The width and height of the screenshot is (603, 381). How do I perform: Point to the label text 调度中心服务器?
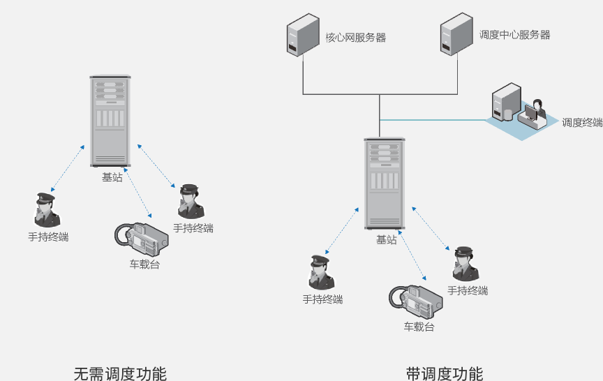pyautogui.click(x=514, y=34)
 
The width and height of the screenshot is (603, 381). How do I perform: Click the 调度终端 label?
pyautogui.click(x=582, y=122)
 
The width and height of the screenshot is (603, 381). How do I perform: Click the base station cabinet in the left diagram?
pyautogui.click(x=110, y=120)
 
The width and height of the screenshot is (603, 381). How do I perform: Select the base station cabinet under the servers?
pyautogui.click(x=384, y=183)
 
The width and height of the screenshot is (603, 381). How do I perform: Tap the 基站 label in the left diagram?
pyautogui.click(x=112, y=177)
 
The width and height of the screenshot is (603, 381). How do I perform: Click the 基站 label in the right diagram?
pyautogui.click(x=386, y=239)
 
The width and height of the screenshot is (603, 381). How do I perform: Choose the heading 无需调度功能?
pyautogui.click(x=120, y=373)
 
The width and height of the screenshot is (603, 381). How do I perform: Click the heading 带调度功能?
pyautogui.click(x=445, y=373)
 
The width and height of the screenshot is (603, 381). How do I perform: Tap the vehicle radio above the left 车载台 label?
pyautogui.click(x=142, y=237)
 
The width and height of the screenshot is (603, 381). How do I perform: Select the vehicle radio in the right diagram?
pyautogui.click(x=416, y=300)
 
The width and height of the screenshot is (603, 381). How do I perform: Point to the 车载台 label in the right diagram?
pyautogui.click(x=419, y=327)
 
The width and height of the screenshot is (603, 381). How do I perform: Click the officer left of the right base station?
pyautogui.click(x=321, y=272)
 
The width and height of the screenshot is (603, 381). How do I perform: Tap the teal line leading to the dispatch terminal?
pyautogui.click(x=433, y=120)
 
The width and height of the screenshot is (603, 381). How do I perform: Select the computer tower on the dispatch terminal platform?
pyautogui.click(x=505, y=102)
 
